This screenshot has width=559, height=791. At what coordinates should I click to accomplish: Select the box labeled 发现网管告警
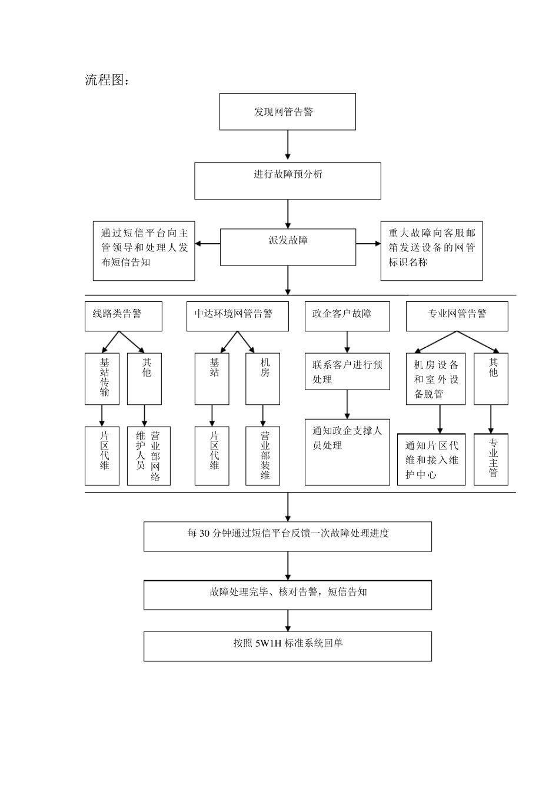287,112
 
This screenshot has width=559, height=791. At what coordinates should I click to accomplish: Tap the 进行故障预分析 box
287,181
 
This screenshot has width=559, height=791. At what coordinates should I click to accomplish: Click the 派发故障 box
287,247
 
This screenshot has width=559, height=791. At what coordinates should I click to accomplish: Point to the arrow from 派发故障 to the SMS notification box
207,244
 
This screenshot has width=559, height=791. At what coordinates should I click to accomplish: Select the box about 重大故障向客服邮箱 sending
431,251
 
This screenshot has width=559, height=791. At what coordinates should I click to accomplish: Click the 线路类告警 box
123,317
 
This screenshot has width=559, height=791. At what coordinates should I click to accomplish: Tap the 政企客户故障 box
347,317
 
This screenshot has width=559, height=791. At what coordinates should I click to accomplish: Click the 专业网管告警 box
457,317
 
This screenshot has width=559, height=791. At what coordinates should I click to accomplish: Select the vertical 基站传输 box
102,378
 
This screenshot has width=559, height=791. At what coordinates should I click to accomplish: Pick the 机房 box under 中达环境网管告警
262,378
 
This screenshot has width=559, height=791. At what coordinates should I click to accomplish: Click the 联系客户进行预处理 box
347,371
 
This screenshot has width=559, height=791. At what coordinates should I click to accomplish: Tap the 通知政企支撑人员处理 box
347,451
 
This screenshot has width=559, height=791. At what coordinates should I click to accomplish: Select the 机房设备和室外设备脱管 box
435,378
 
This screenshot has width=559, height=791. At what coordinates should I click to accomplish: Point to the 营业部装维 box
262,456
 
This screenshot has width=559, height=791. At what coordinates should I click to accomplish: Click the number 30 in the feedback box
204,534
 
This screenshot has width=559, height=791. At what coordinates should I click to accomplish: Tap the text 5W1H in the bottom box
268,643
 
